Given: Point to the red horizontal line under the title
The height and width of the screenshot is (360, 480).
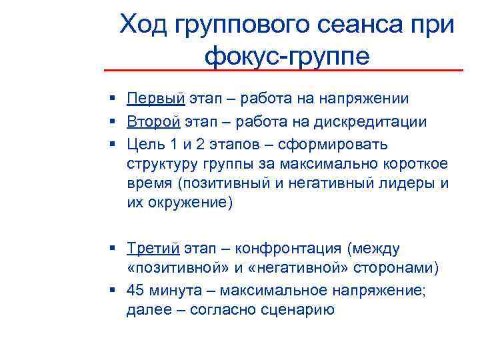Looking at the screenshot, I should pos(283,70).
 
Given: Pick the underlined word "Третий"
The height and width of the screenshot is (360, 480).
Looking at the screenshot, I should pos(153,249).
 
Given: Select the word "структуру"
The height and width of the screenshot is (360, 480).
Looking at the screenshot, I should pos(157,165).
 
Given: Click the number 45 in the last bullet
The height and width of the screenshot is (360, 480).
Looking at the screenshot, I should pos(136,291).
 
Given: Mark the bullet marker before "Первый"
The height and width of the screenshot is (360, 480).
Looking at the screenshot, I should pos(115,99).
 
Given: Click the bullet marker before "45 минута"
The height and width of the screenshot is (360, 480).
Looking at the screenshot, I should pos(115,291).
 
